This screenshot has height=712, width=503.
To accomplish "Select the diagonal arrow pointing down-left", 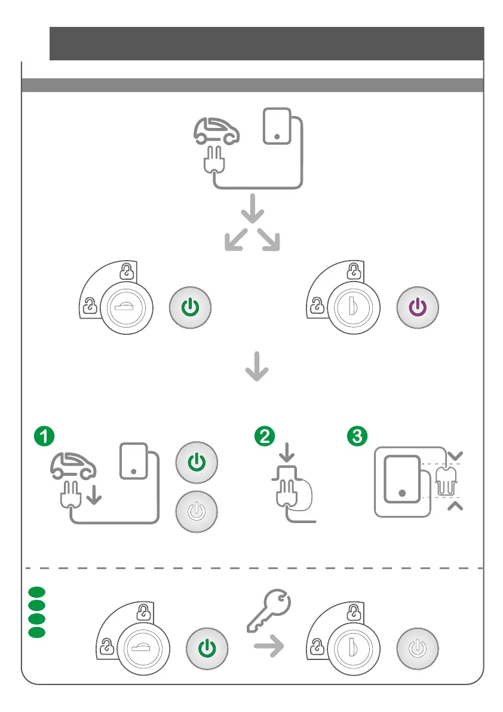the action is (x=236, y=241).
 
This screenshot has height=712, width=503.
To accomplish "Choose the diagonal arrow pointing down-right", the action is (x=269, y=241).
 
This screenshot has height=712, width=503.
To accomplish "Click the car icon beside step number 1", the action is (x=73, y=466).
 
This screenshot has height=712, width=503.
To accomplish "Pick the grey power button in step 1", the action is (x=196, y=512).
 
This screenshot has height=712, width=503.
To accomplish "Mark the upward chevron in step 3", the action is (x=455, y=507).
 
